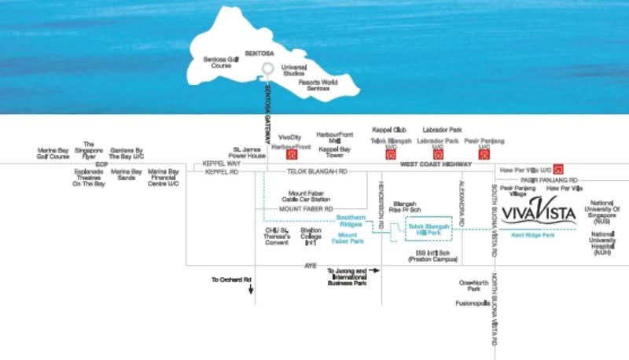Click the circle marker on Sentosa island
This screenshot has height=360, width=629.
268,68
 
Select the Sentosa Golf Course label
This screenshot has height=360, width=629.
220,63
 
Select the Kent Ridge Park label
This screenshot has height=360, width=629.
533,235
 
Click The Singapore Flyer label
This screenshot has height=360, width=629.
88,149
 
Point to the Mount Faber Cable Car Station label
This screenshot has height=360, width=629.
309,197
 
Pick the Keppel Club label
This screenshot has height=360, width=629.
388,130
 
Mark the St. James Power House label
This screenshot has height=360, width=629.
249,152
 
